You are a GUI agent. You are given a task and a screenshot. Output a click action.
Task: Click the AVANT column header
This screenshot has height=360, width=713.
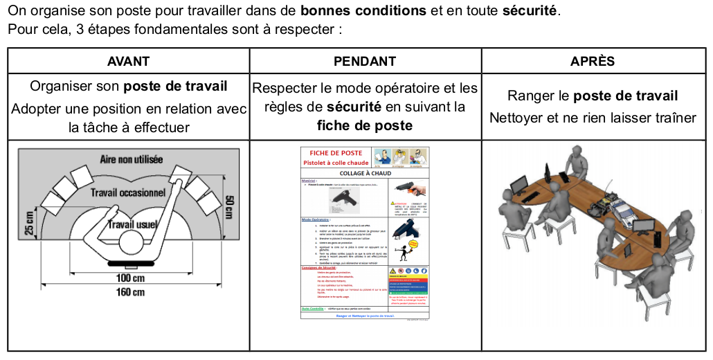pyautogui.click(x=128, y=61)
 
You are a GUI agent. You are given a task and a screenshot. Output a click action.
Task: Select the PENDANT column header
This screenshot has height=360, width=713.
pyautogui.click(x=365, y=61)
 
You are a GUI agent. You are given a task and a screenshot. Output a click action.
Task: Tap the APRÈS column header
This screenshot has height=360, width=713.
pyautogui.click(x=593, y=61)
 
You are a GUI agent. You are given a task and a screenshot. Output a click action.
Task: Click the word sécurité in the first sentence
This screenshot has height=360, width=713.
pyautogui.click(x=531, y=12)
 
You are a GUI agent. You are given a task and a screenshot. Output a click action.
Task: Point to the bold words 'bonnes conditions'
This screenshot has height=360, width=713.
pyautogui.click(x=363, y=12)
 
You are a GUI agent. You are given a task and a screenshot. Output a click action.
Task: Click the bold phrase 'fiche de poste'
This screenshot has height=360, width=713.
pyautogui.click(x=365, y=125)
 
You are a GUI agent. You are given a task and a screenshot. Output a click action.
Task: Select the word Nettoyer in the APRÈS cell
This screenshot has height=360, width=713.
pyautogui.click(x=516, y=118)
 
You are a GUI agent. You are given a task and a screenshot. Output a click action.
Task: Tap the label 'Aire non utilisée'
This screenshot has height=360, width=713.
pyautogui.click(x=132, y=159)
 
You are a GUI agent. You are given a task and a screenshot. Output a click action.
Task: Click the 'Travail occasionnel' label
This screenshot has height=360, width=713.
pyautogui.click(x=128, y=192)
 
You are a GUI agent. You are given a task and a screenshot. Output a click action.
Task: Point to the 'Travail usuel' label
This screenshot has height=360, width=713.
pyautogui.click(x=133, y=224)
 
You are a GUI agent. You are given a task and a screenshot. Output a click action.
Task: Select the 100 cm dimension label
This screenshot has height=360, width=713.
pyautogui.click(x=129, y=278)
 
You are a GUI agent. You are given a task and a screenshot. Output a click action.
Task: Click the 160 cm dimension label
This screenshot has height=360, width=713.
pyautogui.click(x=129, y=291)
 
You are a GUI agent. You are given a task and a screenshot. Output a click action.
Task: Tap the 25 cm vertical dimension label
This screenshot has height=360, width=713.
pyautogui.click(x=30, y=223)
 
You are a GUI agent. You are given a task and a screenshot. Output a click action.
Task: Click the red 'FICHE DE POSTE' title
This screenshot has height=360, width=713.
pyautogui.click(x=335, y=153)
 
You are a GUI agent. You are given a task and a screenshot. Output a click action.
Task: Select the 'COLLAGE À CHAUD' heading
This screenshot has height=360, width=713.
pyautogui.click(x=365, y=173)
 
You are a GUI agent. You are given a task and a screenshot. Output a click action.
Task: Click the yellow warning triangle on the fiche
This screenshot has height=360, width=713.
pyautogui.click(x=394, y=269)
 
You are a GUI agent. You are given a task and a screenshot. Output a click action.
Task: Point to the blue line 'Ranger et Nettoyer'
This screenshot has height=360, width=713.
pyautogui.click(x=365, y=315)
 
